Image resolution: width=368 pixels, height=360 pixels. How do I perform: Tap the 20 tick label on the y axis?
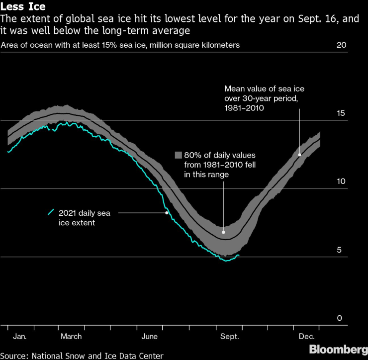click(x=341, y=45)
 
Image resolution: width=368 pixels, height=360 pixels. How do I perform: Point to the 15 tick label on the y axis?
click(x=341, y=113)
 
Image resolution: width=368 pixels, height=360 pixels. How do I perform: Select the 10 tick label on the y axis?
click(x=341, y=181)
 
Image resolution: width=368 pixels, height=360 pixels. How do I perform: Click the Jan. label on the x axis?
click(x=20, y=337)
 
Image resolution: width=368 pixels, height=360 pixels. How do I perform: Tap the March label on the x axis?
click(x=71, y=337)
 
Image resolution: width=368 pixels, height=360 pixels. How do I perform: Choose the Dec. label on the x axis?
click(x=306, y=337)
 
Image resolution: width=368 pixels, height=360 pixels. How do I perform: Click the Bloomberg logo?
click(x=336, y=349)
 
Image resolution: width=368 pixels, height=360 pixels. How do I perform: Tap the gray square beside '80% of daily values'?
click(x=179, y=155)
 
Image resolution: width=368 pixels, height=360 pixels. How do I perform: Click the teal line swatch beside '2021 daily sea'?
click(x=51, y=212)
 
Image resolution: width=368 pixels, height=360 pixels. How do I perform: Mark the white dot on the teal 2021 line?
click(x=167, y=212)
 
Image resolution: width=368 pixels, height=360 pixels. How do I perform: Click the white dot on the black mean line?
click(x=299, y=155)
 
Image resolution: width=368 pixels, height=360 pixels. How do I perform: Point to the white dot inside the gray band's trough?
click(x=223, y=232)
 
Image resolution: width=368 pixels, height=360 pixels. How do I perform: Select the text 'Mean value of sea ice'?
click(x=264, y=89)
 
